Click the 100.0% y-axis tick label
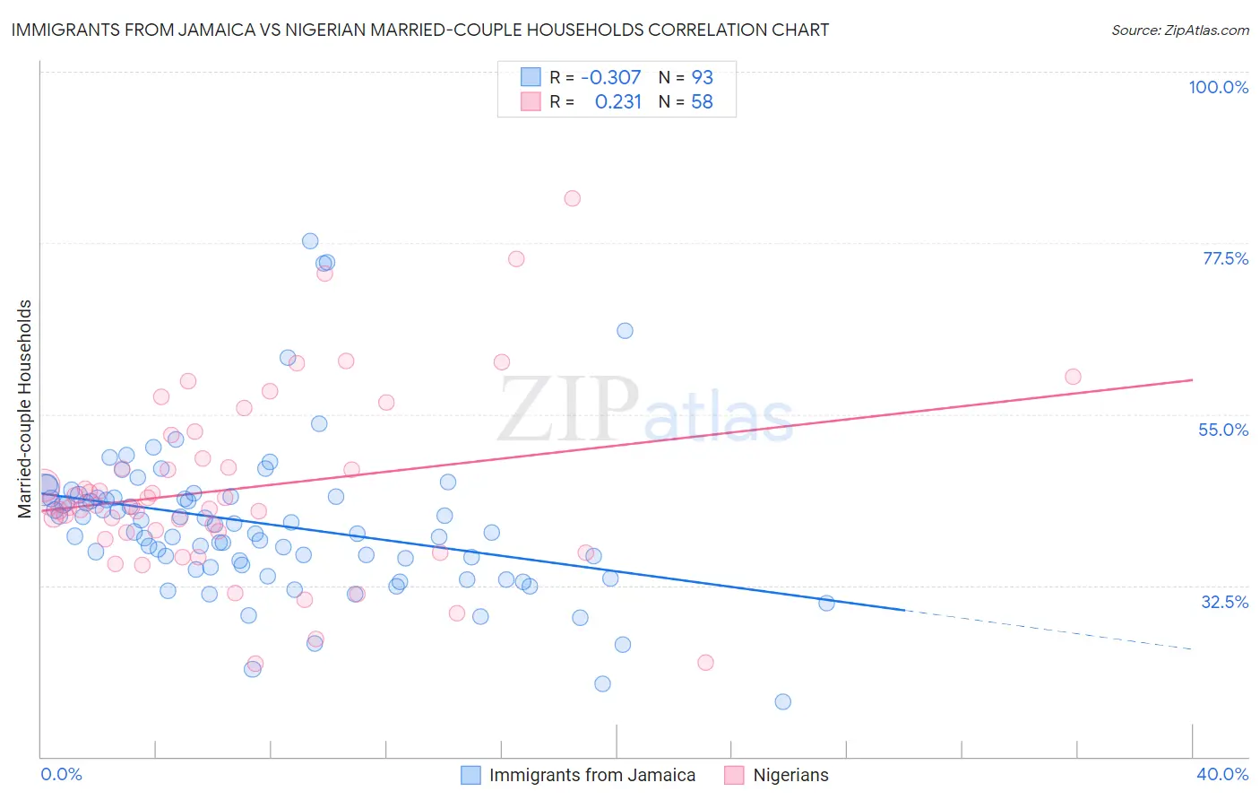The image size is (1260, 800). coord(1218,87)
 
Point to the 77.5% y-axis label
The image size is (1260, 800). coord(1225,258)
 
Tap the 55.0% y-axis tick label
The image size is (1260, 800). coord(1223,430)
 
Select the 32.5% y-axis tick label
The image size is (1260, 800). coord(1224,602)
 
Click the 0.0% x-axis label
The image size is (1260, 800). coord(61,774)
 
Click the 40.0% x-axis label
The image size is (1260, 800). coord(1221,774)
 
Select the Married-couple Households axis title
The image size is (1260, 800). coord(25,409)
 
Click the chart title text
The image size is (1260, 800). coord(419,30)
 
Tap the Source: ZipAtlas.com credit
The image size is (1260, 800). coord(1179,30)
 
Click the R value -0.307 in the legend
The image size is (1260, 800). coord(610,77)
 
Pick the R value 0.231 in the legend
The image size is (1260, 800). coord(617,101)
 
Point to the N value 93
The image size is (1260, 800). coord(702,77)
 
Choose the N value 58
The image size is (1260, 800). coord(702,101)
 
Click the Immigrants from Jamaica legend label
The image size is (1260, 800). coord(592,775)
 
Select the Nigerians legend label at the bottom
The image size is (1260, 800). coord(790,775)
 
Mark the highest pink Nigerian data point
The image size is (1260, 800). coord(572,198)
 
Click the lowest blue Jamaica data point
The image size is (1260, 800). coord(782,701)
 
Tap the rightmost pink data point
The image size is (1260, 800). coord(1073,377)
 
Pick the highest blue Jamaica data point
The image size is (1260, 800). coord(310,240)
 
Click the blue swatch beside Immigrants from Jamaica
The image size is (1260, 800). coord(470,775)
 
